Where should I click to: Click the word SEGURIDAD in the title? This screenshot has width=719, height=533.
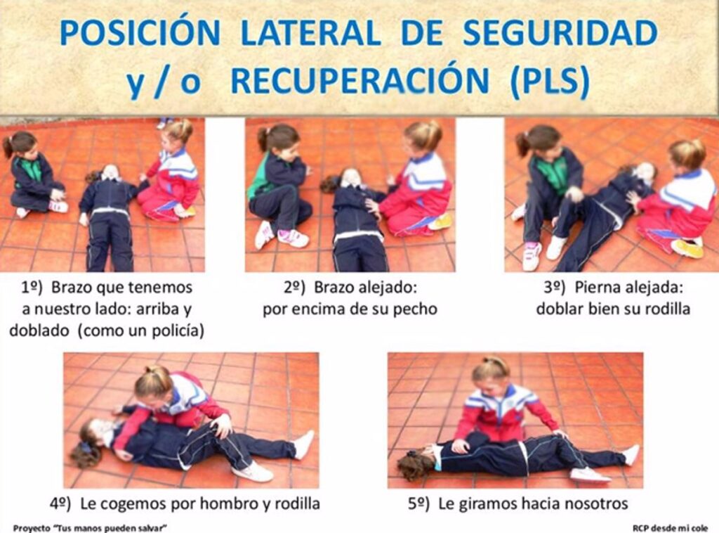point(560,32)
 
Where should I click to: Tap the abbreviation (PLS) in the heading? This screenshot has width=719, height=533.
point(550,81)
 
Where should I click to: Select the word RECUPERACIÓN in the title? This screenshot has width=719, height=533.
point(359,80)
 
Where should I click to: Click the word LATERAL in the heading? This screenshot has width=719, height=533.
point(310,32)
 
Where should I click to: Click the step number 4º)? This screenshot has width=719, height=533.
point(60,503)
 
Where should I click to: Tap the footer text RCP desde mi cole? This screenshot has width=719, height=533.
point(670,528)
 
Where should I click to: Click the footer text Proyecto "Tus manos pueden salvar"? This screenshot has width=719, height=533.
point(90,528)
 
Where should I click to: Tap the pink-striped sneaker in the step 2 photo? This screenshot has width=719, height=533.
point(293,238)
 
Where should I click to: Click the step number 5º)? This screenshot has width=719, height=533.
point(418,504)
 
